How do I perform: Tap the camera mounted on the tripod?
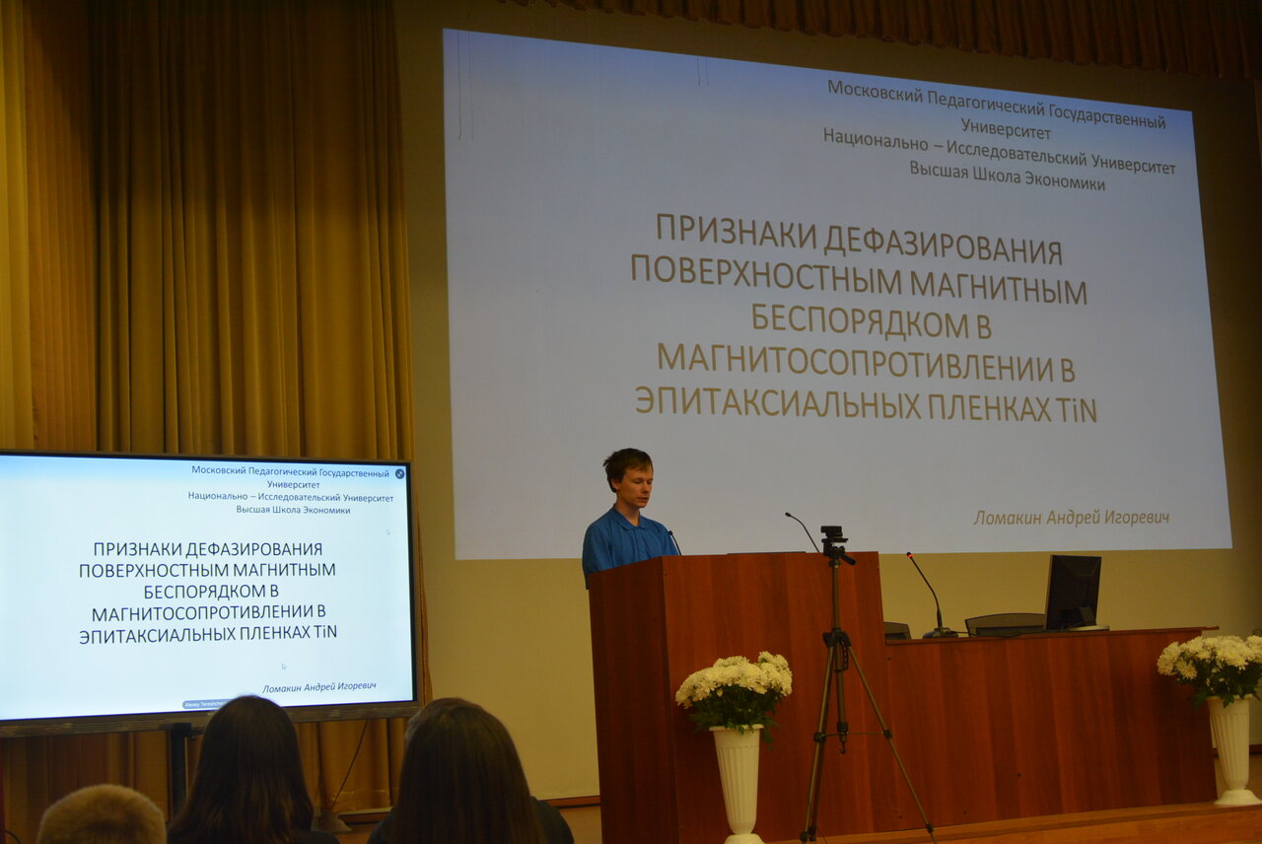(834, 542)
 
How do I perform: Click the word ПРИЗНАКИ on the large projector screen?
(736, 230)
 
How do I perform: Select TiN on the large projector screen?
(1075, 410)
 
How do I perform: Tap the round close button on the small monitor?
(400, 474)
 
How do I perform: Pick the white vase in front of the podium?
(738, 783)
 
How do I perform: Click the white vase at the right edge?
(1232, 749)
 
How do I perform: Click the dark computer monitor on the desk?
(1073, 592)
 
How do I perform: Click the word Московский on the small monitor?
(219, 470)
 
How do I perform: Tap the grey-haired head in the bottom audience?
(102, 814)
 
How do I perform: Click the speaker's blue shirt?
(625, 541)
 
